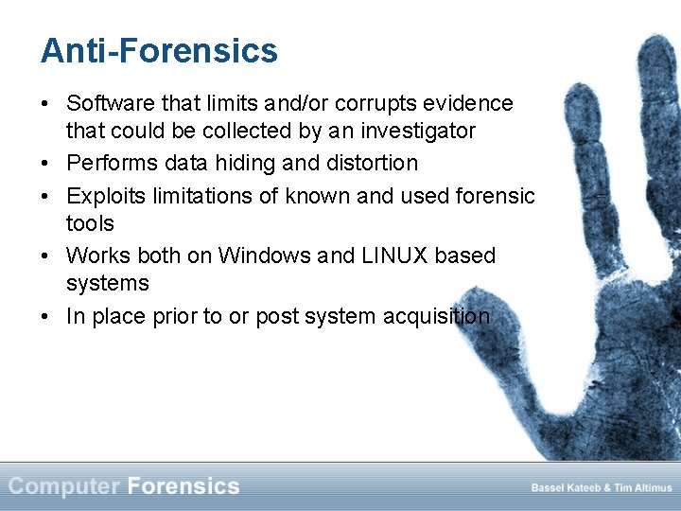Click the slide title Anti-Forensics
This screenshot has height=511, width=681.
click(159, 50)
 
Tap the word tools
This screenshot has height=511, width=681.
click(90, 223)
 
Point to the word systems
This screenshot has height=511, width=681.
click(108, 283)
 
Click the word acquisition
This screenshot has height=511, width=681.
click(436, 316)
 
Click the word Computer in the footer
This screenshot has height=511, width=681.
click(63, 486)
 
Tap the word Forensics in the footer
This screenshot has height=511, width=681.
click(183, 486)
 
